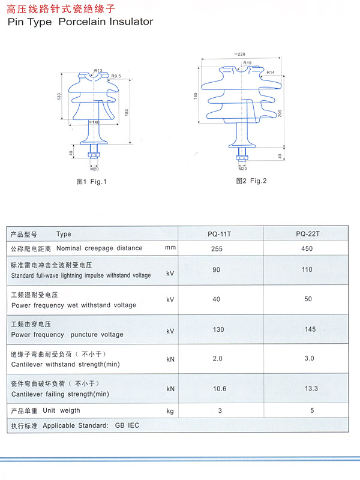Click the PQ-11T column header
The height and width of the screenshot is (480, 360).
click(219, 234)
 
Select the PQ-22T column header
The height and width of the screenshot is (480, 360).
click(308, 234)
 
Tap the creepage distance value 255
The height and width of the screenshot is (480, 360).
click(217, 249)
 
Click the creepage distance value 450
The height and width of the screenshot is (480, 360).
click(307, 248)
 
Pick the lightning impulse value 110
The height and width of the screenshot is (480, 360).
click(307, 269)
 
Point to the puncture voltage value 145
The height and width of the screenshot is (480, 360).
click(310, 329)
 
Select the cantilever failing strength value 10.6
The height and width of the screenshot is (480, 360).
click(220, 389)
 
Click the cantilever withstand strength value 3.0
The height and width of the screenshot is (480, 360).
click(309, 358)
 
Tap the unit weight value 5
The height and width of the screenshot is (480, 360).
click(312, 410)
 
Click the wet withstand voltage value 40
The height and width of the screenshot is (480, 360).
click(216, 299)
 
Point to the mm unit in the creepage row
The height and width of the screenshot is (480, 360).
click(170, 247)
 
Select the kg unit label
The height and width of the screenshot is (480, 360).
click(170, 411)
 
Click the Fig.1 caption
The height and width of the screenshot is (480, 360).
click(91, 182)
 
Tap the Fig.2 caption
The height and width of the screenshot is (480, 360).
click(251, 181)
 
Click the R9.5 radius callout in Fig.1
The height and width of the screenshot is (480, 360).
click(116, 76)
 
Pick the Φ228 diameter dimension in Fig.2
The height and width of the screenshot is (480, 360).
click(239, 54)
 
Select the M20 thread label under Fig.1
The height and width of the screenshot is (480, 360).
click(94, 169)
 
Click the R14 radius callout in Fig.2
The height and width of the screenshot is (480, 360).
click(271, 72)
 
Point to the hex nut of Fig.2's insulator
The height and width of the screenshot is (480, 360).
click(242, 158)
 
